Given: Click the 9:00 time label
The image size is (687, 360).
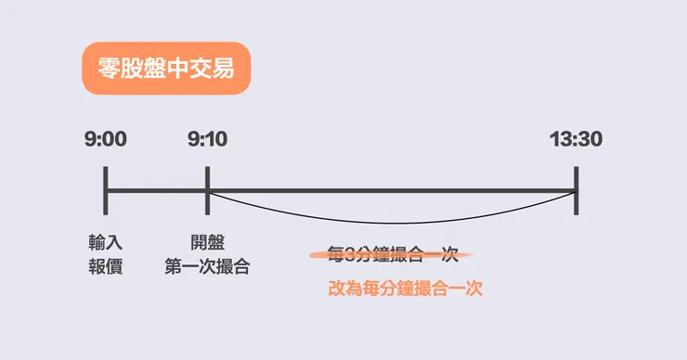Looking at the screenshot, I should (x=105, y=140).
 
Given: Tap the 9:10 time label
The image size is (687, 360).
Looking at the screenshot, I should (x=207, y=140).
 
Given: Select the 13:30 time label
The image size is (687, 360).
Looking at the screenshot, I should (x=576, y=140).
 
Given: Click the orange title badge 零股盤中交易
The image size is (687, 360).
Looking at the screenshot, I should (x=165, y=69).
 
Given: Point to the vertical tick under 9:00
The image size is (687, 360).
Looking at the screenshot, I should (x=106, y=191).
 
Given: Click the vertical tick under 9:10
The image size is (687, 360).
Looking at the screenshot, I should (x=207, y=191).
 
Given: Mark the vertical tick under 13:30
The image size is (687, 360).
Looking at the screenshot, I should (x=577, y=191).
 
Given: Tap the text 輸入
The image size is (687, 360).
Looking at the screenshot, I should (x=105, y=243).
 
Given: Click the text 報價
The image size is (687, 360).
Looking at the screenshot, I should (x=105, y=267).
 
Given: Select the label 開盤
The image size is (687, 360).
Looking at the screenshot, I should (x=207, y=243).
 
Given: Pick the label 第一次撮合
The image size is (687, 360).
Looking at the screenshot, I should (x=207, y=267).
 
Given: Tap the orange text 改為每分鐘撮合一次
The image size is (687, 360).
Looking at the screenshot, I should (x=406, y=289).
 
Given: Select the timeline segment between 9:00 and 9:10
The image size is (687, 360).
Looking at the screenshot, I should (x=156, y=191).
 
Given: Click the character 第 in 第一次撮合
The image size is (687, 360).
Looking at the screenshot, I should (x=173, y=267).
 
